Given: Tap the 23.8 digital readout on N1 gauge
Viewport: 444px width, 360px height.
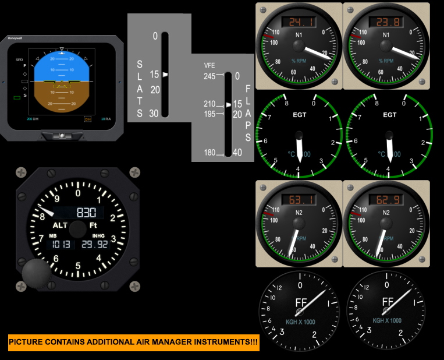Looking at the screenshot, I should tap(386, 22).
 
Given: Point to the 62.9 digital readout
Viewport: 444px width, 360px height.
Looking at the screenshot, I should tap(386, 200).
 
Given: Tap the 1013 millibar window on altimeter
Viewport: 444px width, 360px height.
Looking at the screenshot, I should tap(61, 244).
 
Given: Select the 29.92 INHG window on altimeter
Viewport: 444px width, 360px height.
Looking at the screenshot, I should tap(95, 244).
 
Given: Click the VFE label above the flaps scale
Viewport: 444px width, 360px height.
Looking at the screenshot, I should tap(209, 65).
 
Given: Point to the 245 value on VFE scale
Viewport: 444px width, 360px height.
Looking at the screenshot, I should tap(209, 76).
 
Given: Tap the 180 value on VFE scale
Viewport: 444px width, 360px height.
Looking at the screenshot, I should tap(209, 153).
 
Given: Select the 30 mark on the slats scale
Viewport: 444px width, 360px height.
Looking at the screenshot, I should tap(154, 114).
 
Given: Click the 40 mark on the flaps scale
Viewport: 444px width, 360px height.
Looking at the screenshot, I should tap(237, 153).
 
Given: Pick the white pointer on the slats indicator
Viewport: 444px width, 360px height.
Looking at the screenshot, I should tap(166, 75).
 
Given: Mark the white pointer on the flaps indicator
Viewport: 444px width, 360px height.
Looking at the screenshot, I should tap(228, 104).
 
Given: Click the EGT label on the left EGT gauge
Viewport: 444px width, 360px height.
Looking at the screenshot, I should tap(299, 115).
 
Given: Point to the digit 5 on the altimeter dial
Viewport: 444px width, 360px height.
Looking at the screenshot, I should tap(78, 266).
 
